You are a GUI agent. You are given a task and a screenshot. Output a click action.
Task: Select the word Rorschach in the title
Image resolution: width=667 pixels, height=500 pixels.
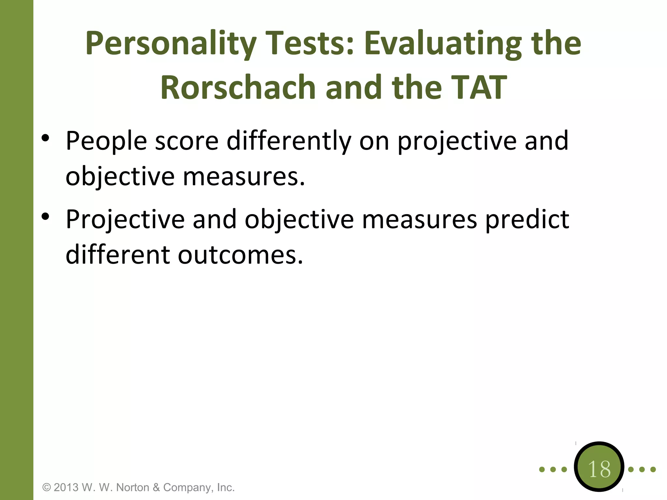click(x=238, y=87)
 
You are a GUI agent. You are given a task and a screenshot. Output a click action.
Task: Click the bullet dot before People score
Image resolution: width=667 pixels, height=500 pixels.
click(x=45, y=138)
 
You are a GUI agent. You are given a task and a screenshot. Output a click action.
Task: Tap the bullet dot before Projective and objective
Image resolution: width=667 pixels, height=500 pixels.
click(x=45, y=216)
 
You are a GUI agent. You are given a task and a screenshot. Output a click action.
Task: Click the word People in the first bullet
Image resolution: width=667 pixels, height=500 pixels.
click(x=106, y=141)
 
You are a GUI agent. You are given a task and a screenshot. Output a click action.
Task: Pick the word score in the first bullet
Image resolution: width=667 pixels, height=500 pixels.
click(x=187, y=141)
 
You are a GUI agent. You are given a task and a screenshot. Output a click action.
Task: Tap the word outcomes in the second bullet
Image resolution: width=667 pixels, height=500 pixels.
click(x=240, y=255)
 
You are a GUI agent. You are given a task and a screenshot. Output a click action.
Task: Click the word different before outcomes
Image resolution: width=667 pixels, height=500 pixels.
click(x=118, y=255)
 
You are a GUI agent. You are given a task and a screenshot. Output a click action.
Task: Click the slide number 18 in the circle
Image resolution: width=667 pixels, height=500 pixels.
click(x=599, y=469)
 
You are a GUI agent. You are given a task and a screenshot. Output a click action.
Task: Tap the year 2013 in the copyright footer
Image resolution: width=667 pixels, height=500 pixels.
click(x=66, y=487)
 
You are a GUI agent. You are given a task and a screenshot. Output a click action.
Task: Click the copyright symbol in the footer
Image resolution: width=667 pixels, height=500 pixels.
click(x=47, y=488)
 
